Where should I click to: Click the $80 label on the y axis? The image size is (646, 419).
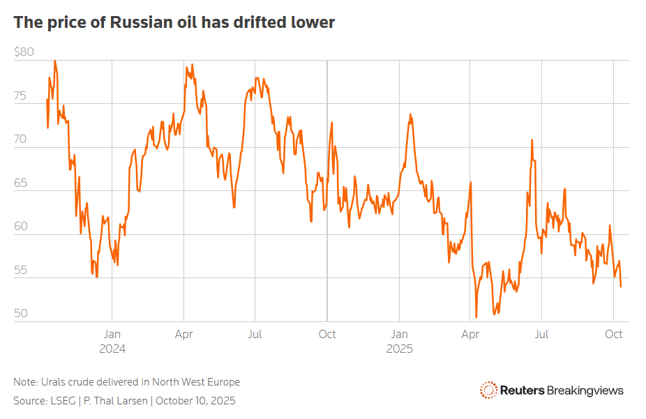tap(24, 52)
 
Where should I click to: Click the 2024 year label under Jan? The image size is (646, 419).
tap(112, 349)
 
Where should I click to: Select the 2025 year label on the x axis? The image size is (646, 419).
tap(399, 349)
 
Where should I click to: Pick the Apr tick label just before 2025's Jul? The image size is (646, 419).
tap(470, 334)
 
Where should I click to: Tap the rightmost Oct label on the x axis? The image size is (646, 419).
tap(613, 334)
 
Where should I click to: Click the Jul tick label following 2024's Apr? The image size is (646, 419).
tap(255, 334)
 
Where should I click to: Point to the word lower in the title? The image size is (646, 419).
tap(312, 22)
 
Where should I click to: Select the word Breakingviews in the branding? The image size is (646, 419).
tap(585, 390)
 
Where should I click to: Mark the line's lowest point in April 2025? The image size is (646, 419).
tap(476, 317)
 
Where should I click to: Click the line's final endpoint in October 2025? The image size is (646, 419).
tap(621, 287)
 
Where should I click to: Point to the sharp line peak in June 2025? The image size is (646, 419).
tap(532, 139)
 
